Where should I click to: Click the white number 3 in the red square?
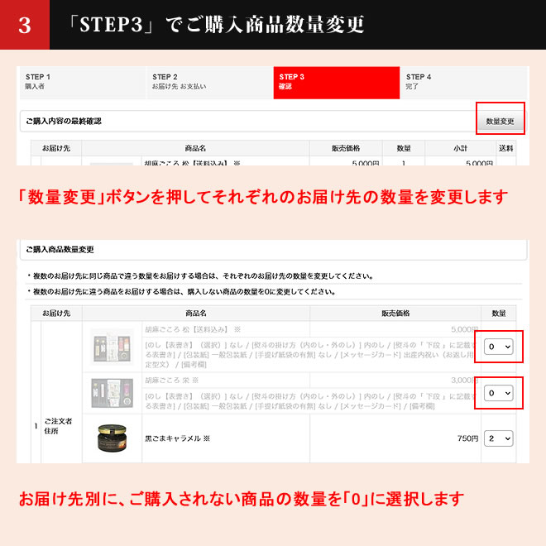25,25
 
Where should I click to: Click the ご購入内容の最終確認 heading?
63,121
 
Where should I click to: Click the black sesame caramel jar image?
112,439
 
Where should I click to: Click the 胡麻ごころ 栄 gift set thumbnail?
112,393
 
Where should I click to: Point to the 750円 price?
467,438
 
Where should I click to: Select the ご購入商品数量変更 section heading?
60,249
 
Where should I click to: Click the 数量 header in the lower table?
499,314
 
